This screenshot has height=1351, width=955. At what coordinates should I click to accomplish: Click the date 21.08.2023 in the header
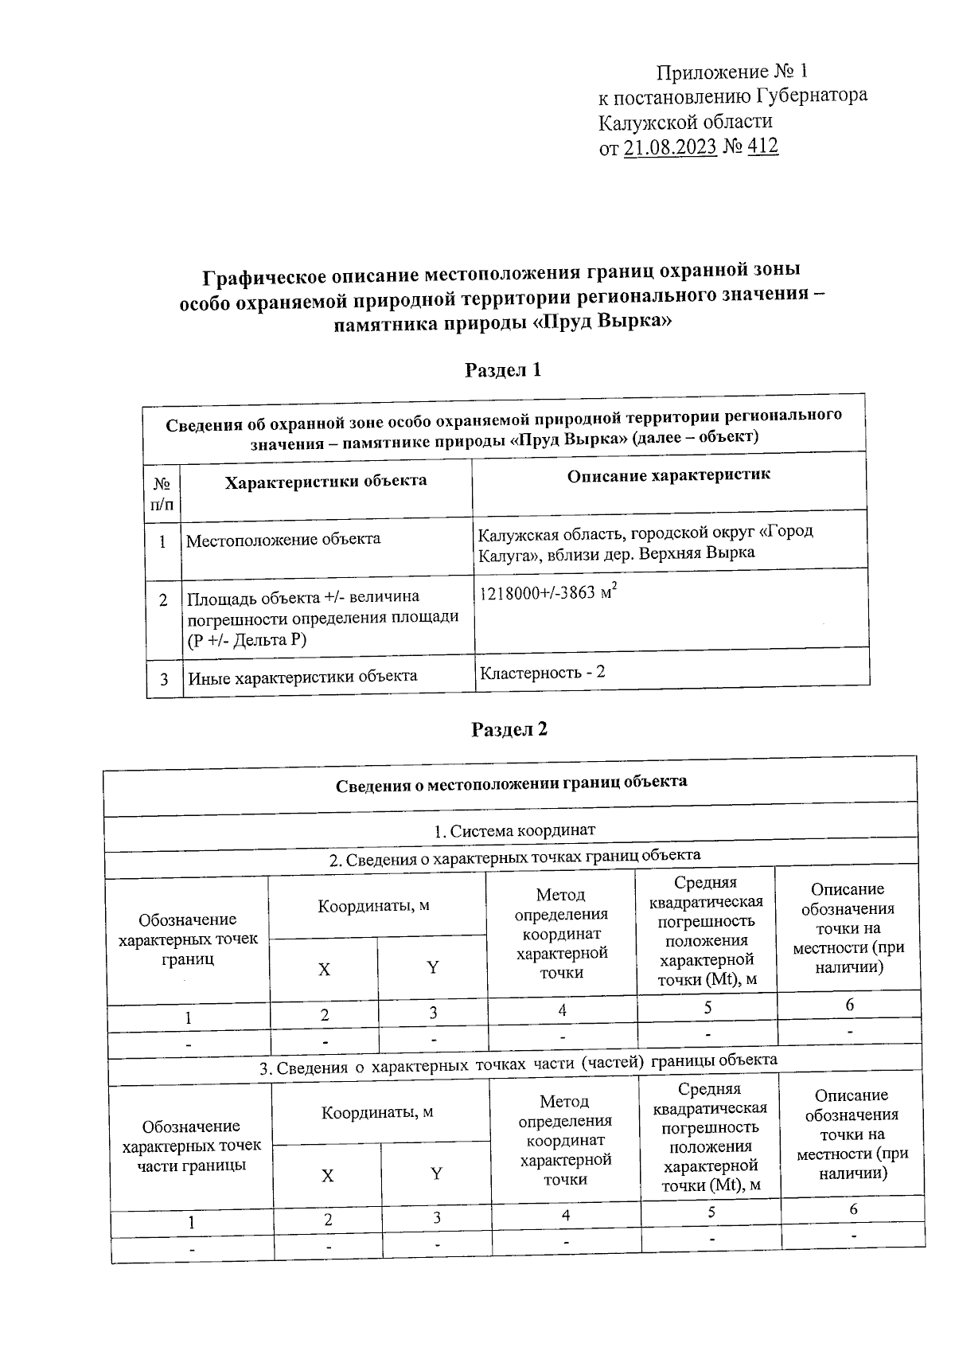tap(670, 147)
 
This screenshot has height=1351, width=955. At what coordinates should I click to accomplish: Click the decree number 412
tap(762, 146)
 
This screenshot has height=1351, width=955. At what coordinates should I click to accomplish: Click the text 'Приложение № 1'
tap(731, 73)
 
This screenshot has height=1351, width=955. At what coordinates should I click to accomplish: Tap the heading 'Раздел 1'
tap(503, 369)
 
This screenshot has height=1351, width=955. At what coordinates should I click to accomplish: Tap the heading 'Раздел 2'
tap(509, 729)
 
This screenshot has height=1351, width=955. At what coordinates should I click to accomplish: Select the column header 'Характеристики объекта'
tap(325, 482)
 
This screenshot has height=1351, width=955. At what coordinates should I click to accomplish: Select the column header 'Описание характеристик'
tap(668, 476)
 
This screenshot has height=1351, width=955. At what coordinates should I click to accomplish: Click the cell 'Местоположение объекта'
tap(283, 540)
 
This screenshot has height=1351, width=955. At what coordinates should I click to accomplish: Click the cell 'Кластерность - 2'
tap(542, 672)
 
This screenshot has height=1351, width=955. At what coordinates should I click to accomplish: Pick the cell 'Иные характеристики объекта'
tap(302, 677)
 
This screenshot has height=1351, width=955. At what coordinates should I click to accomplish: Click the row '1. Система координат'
tap(514, 831)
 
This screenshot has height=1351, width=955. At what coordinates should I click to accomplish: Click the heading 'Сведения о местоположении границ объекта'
tap(511, 783)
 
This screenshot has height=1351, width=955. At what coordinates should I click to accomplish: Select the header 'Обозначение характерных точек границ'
tap(188, 939)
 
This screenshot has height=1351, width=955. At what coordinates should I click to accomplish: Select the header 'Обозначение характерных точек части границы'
tap(191, 1146)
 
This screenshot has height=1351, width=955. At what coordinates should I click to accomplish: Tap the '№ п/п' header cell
tap(162, 494)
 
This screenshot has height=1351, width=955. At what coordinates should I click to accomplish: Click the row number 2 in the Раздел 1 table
tap(163, 601)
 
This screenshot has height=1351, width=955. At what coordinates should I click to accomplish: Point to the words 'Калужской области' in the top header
tap(685, 122)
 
